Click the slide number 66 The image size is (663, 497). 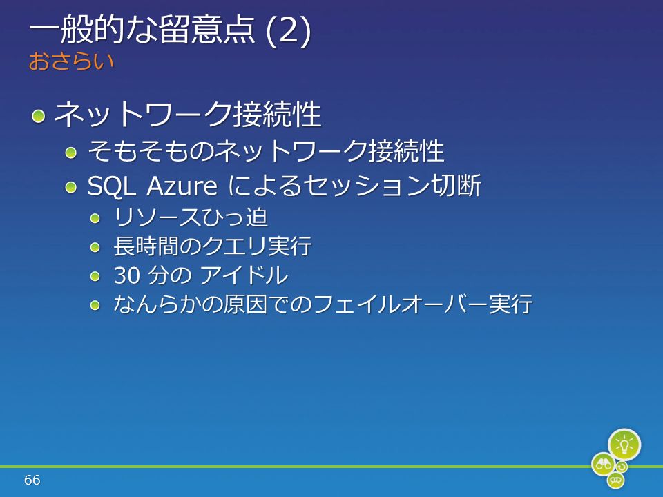(x=32, y=480)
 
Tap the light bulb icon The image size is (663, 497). (x=624, y=445)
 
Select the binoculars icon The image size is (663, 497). (x=604, y=464)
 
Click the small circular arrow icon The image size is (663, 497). (x=622, y=467)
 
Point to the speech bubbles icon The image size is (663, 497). (x=616, y=480)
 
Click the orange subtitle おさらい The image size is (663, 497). (x=71, y=61)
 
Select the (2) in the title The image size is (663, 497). (x=289, y=31)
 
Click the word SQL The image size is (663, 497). (x=112, y=186)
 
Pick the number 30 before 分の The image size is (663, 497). (x=127, y=275)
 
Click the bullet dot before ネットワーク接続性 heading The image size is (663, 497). (x=38, y=115)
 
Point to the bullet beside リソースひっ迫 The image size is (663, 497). (x=95, y=218)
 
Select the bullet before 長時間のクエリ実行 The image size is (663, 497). (x=95, y=247)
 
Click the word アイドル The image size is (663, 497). (x=244, y=275)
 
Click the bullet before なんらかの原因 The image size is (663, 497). (x=95, y=304)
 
